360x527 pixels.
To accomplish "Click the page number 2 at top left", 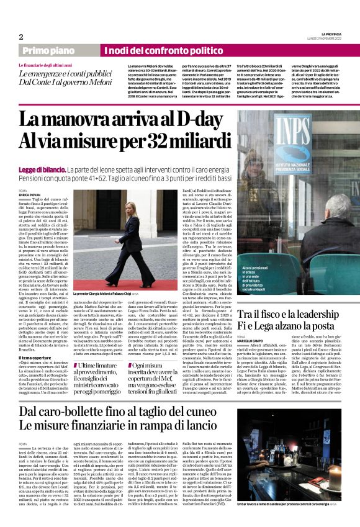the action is [x=21, y=37].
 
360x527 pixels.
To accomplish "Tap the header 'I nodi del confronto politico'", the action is [x=163, y=50].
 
